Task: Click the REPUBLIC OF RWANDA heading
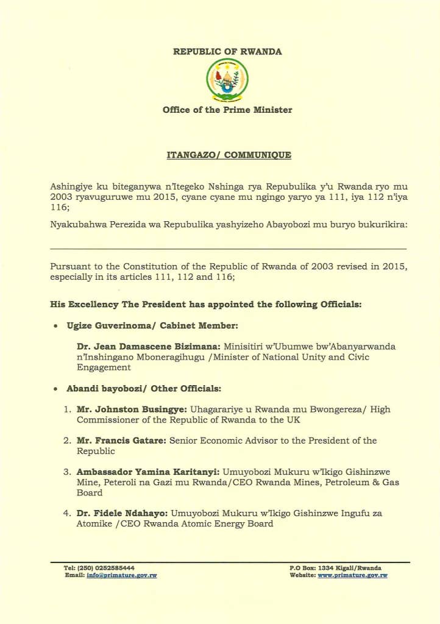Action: coord(227,52)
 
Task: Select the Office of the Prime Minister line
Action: coord(227,110)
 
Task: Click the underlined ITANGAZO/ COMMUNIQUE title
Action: coord(229,155)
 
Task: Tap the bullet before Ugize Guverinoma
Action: coord(55,325)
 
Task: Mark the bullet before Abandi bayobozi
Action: coord(55,389)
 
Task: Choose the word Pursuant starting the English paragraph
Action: coord(70,267)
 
